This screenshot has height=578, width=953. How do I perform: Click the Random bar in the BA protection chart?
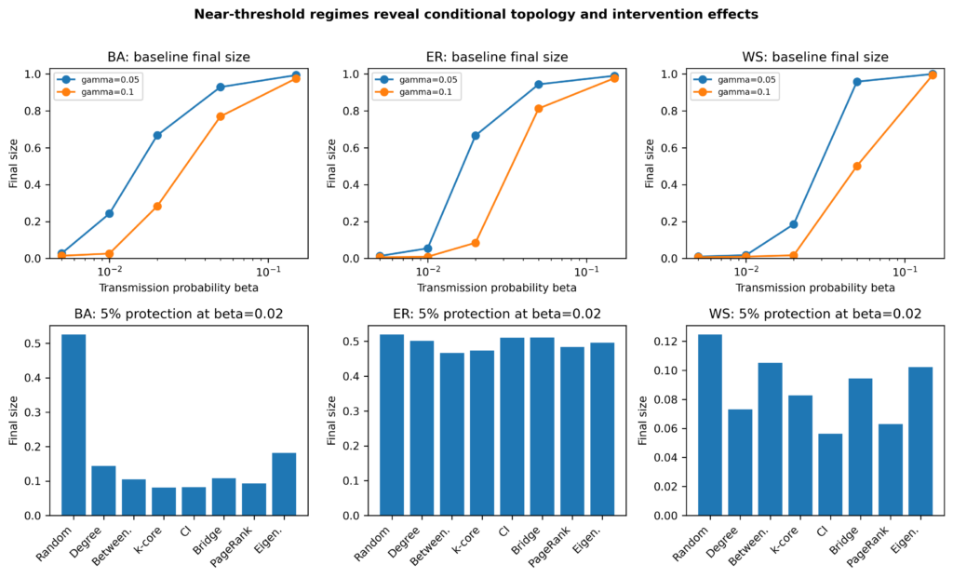click(74, 424)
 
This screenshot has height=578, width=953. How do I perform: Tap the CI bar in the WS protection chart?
click(830, 474)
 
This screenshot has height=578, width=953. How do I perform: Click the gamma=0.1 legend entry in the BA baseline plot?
click(101, 92)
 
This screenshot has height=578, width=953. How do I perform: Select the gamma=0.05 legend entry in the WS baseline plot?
click(736, 80)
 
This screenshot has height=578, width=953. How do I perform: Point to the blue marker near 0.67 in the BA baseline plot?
click(157, 136)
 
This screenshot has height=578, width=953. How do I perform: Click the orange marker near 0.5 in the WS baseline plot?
click(857, 166)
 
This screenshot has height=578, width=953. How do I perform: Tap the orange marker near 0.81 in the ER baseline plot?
click(539, 109)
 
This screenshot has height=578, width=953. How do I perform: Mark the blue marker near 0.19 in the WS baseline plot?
click(793, 224)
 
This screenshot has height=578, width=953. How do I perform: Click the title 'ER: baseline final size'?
click(497, 57)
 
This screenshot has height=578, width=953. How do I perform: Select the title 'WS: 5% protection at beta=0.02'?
click(815, 314)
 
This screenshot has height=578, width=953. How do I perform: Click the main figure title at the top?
click(476, 14)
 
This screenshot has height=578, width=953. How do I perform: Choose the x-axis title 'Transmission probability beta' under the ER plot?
click(497, 288)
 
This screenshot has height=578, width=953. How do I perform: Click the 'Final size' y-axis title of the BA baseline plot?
click(13, 164)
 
